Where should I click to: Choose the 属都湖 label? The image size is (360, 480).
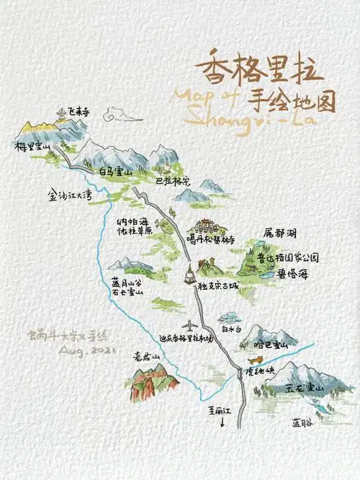pyautogui.click(x=281, y=234)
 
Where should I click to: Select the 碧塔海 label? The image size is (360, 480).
pyautogui.click(x=293, y=274)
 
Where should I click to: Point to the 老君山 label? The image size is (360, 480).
pyautogui.click(x=144, y=355)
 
